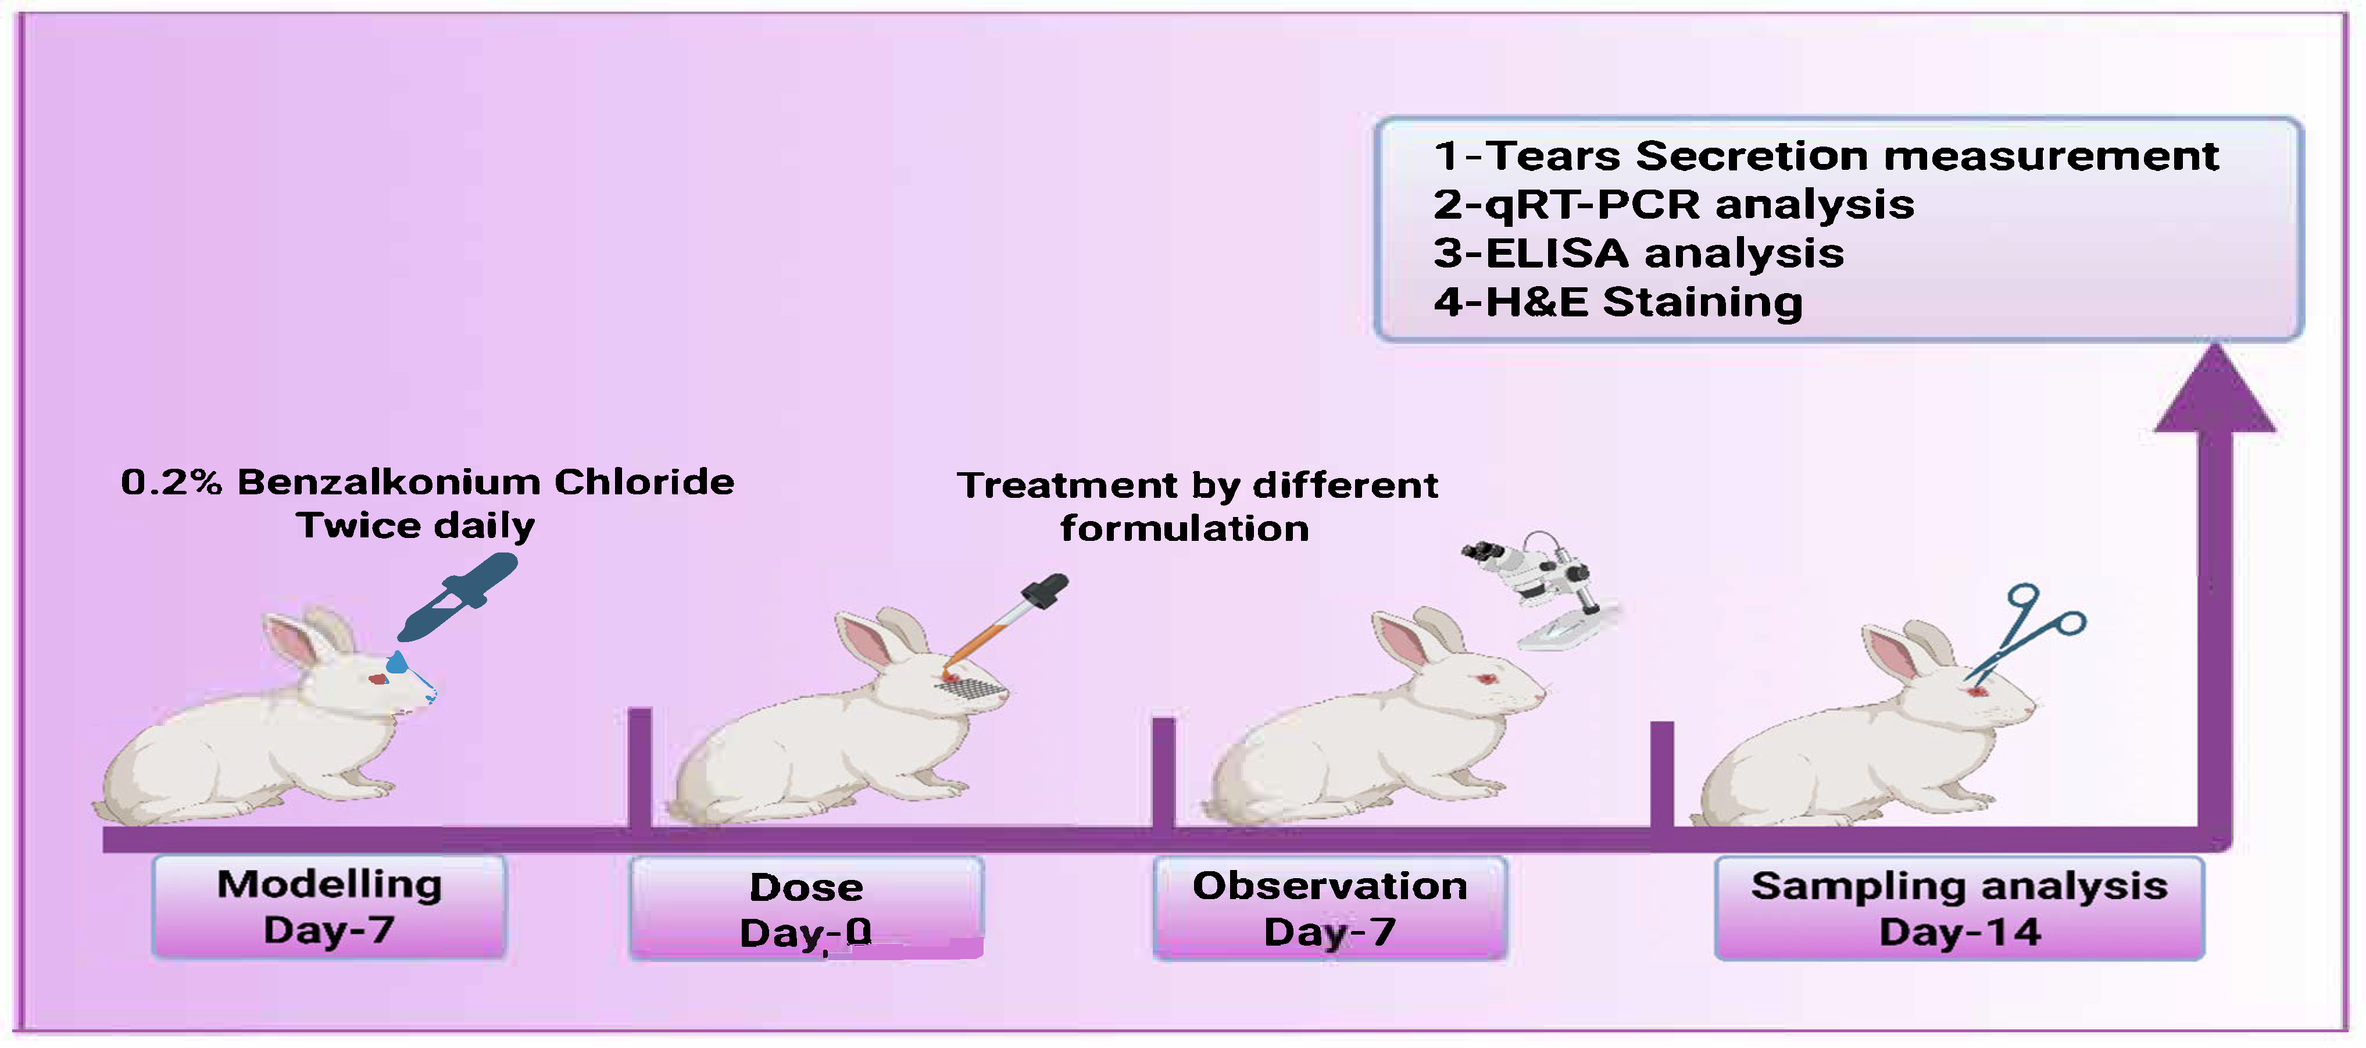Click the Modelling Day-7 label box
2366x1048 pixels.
pos(329,907)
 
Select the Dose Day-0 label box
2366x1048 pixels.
pos(806,910)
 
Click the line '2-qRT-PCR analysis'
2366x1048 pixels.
pos(1674,204)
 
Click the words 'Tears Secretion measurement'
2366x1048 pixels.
pos(1852,155)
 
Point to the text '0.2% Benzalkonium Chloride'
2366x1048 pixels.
pos(427,482)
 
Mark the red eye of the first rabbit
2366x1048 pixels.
pos(377,680)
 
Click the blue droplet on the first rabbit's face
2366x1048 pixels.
pos(397,662)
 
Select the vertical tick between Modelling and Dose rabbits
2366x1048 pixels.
pos(640,767)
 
